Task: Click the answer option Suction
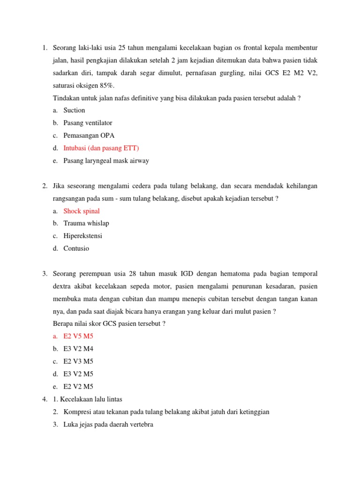coord(74,110)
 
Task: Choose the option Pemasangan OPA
coord(89,135)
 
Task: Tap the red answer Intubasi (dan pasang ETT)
coord(101,148)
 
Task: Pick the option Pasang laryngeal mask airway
coord(106,161)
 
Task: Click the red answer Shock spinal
coord(82,211)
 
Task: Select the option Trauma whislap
coord(86,224)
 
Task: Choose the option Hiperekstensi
coord(82,236)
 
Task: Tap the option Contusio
coord(76,248)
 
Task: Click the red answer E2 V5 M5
coord(78,336)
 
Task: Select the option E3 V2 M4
coord(78,349)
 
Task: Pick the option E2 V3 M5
coord(78,361)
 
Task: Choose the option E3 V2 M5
coord(78,374)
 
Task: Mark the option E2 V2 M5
coord(78,387)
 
